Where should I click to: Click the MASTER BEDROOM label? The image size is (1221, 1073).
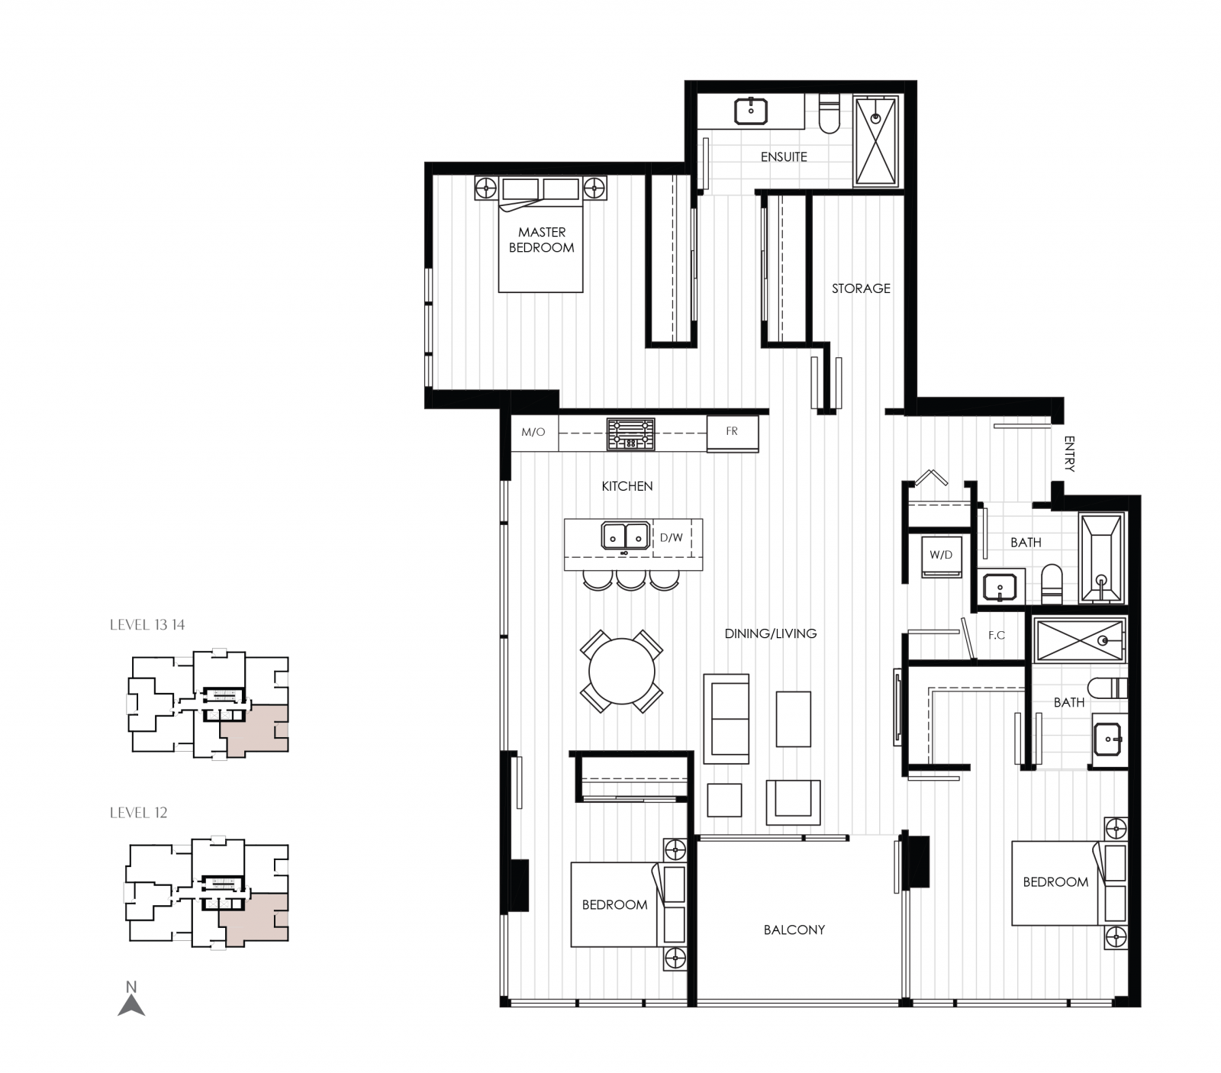(x=541, y=240)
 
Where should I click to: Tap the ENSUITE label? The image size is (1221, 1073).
(x=783, y=156)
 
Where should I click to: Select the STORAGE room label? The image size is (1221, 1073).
(x=860, y=288)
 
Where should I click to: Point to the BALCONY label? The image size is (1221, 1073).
(x=794, y=930)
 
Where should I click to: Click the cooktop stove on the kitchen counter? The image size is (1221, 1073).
(x=630, y=433)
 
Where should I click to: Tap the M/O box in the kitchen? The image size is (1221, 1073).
(x=533, y=432)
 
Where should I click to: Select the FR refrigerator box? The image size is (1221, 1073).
(x=732, y=432)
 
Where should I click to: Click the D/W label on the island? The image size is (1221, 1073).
(x=672, y=537)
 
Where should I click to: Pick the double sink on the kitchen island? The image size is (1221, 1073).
(x=625, y=536)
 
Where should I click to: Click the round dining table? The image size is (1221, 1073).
(x=621, y=672)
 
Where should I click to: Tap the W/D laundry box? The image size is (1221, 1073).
(x=940, y=556)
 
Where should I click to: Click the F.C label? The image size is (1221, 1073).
(x=996, y=635)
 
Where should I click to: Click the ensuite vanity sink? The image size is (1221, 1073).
(x=751, y=111)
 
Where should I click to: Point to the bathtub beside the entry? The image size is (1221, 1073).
(x=1101, y=559)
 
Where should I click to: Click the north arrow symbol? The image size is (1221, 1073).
(x=131, y=1001)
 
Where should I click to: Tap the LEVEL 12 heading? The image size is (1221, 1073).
(x=138, y=813)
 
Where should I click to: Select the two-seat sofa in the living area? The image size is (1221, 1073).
(x=726, y=719)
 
